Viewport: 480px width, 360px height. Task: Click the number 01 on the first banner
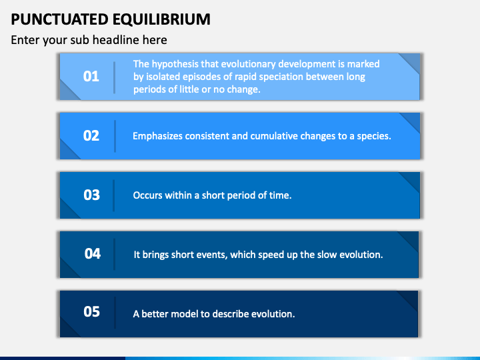click(x=91, y=76)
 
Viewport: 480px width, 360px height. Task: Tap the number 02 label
click(x=91, y=135)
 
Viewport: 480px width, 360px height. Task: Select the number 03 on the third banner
click(x=91, y=195)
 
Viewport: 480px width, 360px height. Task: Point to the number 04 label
click(x=92, y=253)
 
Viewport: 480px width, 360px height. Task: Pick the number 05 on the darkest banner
click(x=91, y=311)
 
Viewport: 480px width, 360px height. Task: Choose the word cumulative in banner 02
click(x=274, y=136)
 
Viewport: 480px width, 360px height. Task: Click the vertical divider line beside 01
click(x=115, y=76)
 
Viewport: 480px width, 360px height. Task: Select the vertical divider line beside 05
click(x=115, y=311)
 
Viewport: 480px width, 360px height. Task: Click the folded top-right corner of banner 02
click(x=409, y=122)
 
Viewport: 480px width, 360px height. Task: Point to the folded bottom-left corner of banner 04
click(x=69, y=269)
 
